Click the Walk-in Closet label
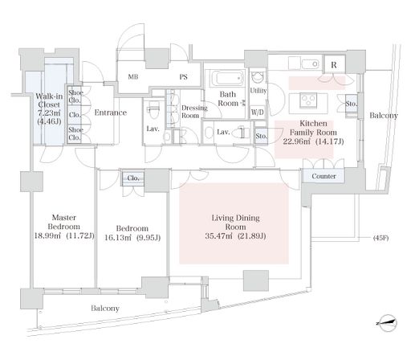49,100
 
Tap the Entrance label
111,112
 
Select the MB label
133,77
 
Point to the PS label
183,77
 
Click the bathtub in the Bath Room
228,79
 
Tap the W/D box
257,112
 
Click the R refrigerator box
334,64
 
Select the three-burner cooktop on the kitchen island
308,100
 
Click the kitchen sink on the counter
311,64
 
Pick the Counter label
323,176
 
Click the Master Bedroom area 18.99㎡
49,235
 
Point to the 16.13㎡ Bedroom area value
119,238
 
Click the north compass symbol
387,323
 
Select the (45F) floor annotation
380,238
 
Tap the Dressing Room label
194,112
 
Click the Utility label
258,91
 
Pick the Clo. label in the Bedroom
133,178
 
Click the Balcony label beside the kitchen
384,116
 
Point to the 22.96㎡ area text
298,141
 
